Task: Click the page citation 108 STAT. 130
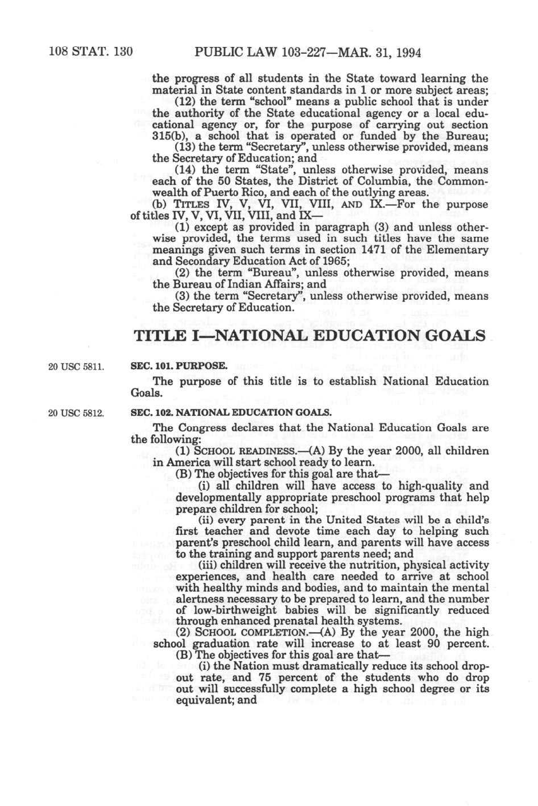pos(91,53)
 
